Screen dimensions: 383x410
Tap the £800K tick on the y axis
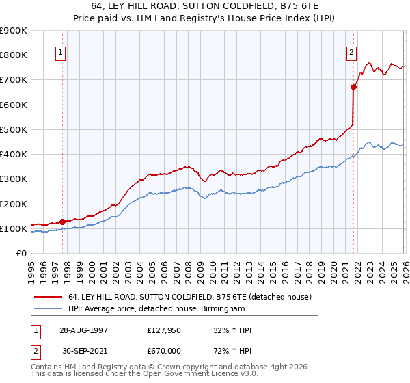click(14, 55)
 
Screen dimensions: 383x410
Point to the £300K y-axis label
click(14, 179)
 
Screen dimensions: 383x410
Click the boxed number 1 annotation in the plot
click(61, 53)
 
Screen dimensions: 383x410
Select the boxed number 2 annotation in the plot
click(351, 53)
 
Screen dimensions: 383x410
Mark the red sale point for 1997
click(63, 222)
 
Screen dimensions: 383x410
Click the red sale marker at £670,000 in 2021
click(353, 87)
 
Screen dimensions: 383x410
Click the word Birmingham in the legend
click(221, 309)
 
